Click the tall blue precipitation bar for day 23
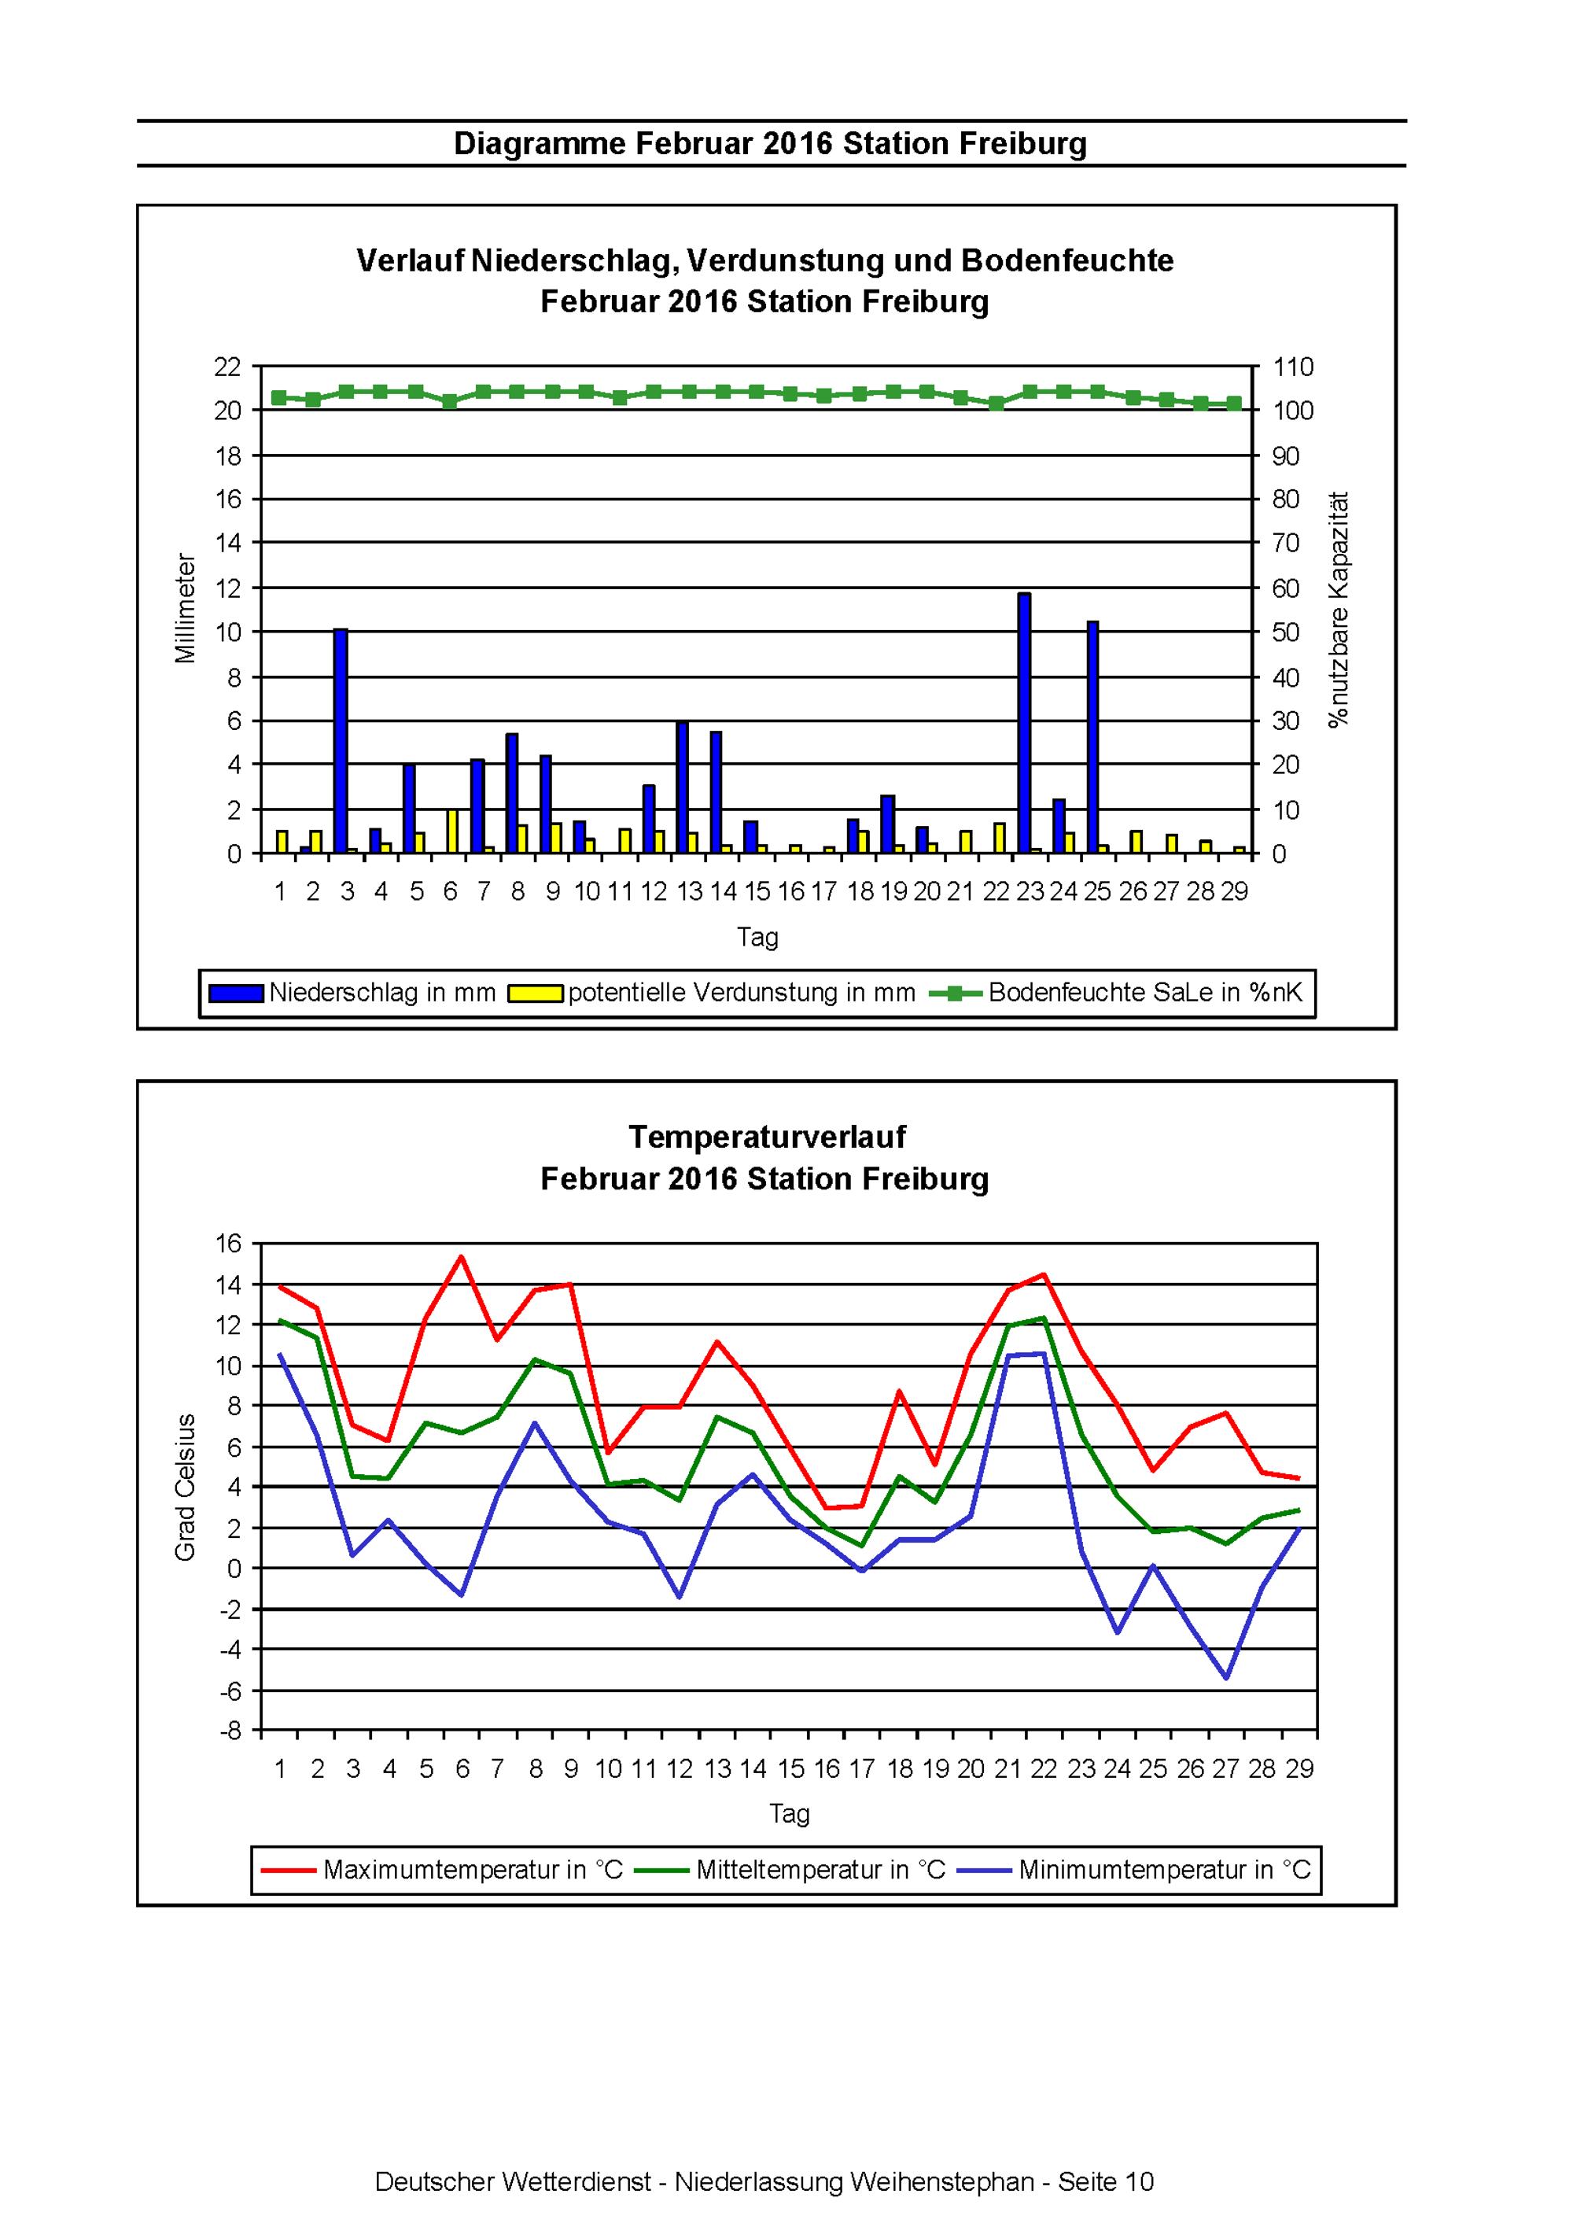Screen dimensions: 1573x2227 (x=1024, y=723)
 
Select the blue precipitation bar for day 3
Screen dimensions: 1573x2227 (x=341, y=741)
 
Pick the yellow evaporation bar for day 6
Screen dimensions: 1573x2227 (x=453, y=831)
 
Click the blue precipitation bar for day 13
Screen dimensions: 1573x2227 (x=682, y=787)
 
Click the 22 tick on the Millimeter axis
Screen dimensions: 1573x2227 (x=227, y=367)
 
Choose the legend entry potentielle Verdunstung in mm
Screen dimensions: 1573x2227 (x=713, y=992)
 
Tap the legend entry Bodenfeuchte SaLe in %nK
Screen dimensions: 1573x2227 (x=1116, y=992)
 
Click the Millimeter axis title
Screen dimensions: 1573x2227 (x=186, y=608)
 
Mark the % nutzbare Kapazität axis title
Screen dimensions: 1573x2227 (x=1339, y=609)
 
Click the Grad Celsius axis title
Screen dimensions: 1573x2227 (x=186, y=1486)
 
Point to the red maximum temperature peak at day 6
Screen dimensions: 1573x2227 (x=462, y=1256)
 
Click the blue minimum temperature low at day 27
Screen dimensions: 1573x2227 (x=1227, y=1677)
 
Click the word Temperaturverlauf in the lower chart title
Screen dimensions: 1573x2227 (x=766, y=1136)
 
